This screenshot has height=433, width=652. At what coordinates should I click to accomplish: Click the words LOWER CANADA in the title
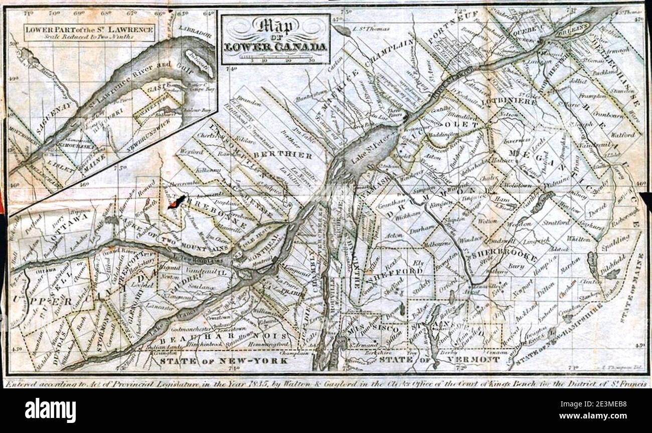click(276, 47)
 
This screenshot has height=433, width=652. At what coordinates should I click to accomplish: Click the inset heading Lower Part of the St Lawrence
click(90, 30)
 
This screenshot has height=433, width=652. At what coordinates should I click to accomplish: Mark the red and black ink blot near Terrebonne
click(176, 202)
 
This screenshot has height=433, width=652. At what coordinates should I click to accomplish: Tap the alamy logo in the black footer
click(50, 410)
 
